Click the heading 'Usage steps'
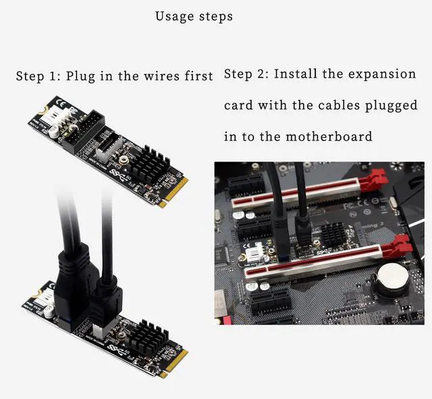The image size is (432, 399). click(194, 16)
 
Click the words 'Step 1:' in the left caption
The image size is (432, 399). click(40, 76)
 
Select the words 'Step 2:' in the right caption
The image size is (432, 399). click(246, 74)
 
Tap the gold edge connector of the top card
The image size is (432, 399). click(174, 191)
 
